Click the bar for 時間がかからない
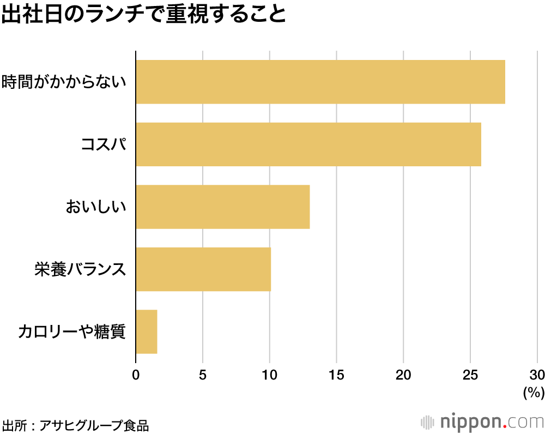320,82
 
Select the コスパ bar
308,144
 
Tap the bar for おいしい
222,207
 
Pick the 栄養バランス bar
203,269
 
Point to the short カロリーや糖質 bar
146,331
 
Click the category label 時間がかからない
64,82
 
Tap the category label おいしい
95,207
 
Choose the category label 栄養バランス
80,269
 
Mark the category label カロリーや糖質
72,331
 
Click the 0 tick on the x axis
136,375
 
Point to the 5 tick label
203,375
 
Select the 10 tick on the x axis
270,375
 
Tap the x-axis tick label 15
336,375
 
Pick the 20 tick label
403,375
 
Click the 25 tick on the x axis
470,375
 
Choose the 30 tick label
537,375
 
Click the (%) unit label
534,392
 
